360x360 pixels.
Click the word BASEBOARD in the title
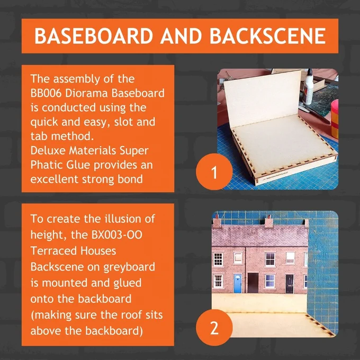tap(94, 36)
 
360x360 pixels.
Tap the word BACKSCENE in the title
tap(268, 36)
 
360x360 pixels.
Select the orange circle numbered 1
tap(214, 172)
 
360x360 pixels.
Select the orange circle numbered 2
tap(214, 328)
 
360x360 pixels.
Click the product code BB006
tap(46, 93)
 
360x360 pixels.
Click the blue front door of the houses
tap(238, 283)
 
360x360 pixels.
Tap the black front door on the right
tap(290, 284)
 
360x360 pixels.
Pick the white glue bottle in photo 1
tap(308, 87)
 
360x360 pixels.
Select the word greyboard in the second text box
tap(129, 267)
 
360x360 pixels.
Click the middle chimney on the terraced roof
tap(268, 221)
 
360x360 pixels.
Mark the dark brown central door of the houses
tap(253, 283)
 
